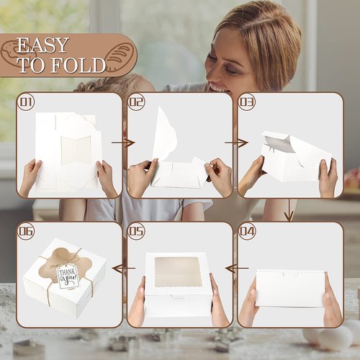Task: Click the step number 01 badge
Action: coord(26,102)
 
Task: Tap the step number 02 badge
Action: coord(136,102)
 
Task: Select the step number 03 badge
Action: coord(247,102)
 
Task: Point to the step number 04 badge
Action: coord(247,231)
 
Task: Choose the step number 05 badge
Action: coord(136,231)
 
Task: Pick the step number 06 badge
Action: coord(26,231)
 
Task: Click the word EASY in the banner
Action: coord(42,45)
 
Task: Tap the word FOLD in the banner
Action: coord(78,65)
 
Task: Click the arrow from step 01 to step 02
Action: coord(123,143)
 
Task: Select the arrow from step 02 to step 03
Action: coord(236,143)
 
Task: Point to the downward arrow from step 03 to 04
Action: coord(289,210)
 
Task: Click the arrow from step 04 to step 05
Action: coord(238,268)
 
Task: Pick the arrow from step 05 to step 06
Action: coord(124,268)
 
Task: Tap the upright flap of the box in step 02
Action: coord(165,133)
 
